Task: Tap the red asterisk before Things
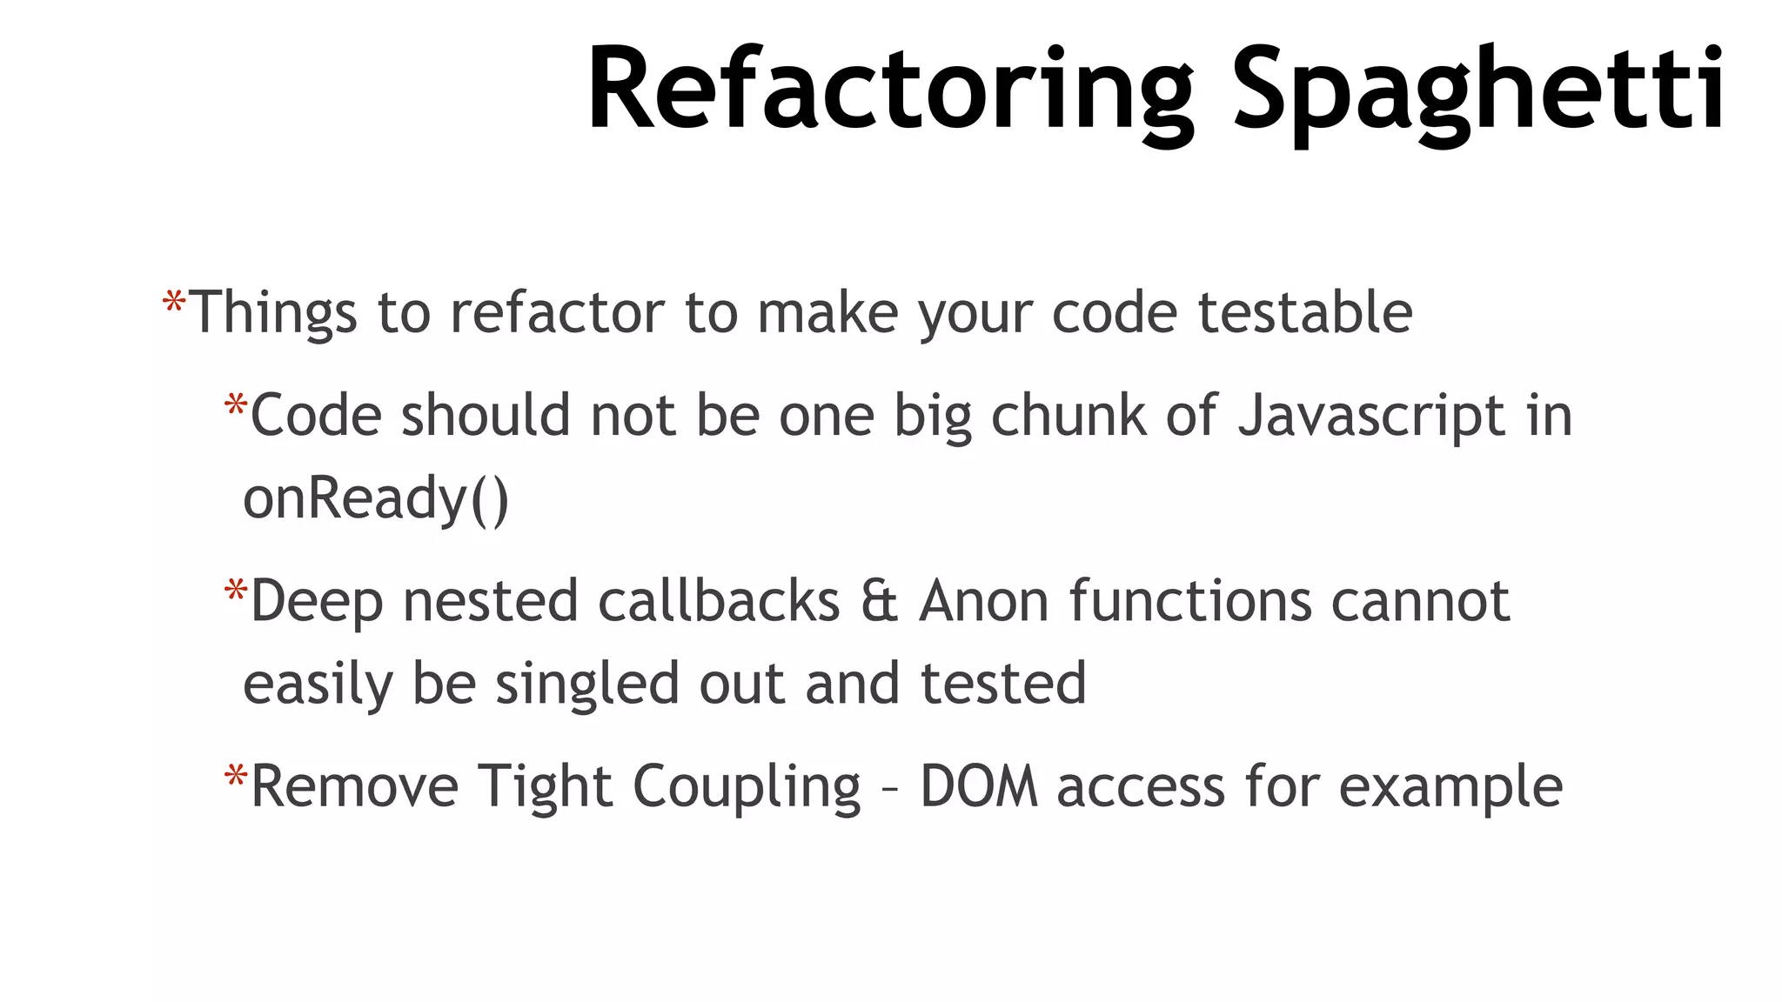coord(174,304)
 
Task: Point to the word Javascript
coord(1371,416)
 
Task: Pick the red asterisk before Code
coord(236,406)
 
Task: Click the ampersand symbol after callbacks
coord(879,601)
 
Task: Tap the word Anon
coord(984,601)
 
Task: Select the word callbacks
coord(719,601)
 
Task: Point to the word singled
coord(586,685)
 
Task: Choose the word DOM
coord(979,786)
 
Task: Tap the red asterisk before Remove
coord(236,777)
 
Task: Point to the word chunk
coord(1068,416)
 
